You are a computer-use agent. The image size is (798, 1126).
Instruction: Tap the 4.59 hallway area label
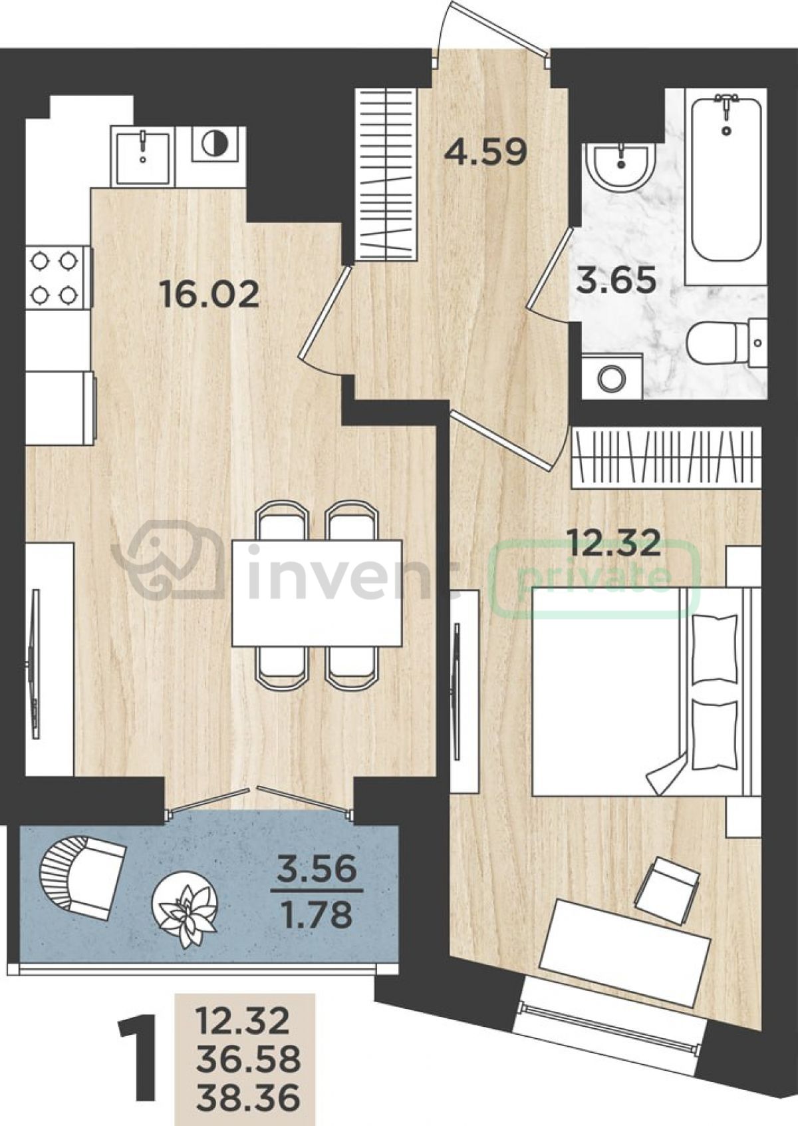485,152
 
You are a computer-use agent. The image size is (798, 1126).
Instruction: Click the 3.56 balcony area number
317,868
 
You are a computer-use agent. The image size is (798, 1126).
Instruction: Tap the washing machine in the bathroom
612,377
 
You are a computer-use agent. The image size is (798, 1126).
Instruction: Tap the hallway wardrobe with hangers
386,175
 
